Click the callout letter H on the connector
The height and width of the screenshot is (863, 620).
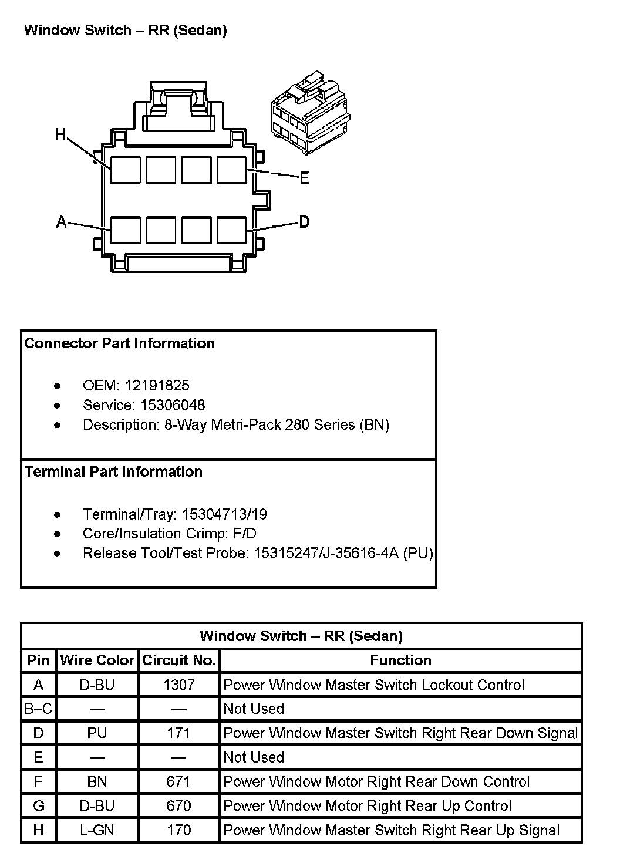tap(61, 134)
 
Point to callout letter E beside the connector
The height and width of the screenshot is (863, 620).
tap(304, 178)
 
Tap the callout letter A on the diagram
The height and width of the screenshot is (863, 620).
tap(61, 222)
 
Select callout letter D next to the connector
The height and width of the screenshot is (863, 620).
tap(304, 221)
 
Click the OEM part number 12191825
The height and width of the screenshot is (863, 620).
tap(157, 385)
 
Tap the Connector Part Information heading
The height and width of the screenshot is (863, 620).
tap(120, 343)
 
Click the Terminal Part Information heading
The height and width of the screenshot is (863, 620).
tap(114, 472)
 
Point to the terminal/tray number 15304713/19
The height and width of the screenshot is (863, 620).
tap(224, 514)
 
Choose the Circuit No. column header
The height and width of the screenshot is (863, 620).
tap(179, 660)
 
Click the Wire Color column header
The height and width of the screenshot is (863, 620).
tap(97, 660)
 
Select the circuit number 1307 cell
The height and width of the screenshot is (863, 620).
tap(179, 685)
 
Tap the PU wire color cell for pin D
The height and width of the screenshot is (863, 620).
tap(97, 733)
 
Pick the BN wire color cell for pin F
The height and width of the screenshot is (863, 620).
tap(97, 781)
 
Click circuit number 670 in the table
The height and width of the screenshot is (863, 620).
tap(179, 805)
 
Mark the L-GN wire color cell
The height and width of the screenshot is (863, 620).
tap(97, 830)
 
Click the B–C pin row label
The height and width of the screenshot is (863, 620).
tap(39, 709)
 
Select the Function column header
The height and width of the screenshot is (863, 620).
tap(401, 660)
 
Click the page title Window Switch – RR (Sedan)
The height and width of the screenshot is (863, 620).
tap(126, 31)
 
